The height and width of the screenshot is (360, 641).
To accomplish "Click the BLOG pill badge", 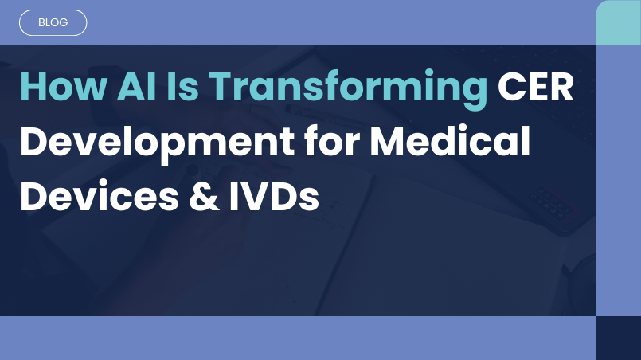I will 52,23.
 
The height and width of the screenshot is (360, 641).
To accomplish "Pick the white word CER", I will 536,88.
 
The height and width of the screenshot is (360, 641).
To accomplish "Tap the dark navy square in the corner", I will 619,338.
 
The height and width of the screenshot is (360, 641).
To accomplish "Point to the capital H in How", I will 33,88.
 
